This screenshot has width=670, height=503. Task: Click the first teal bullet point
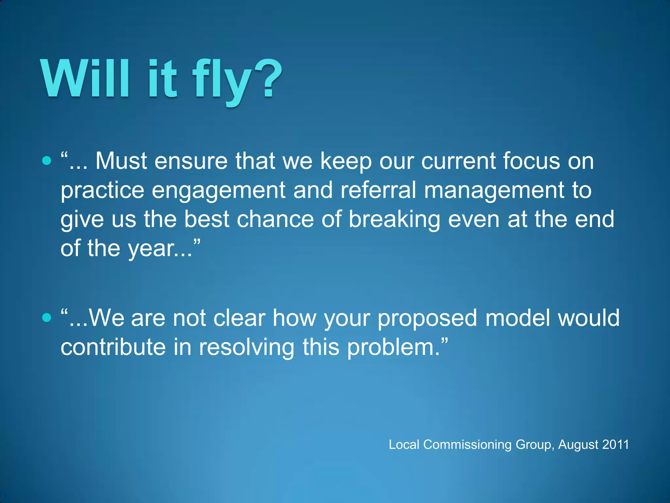47,160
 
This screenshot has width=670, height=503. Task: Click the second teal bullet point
47,317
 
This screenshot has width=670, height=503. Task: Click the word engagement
219,191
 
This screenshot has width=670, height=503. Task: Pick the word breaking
394,219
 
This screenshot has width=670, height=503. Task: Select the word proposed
427,318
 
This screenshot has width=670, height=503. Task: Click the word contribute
113,347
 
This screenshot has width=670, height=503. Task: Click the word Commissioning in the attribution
467,445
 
